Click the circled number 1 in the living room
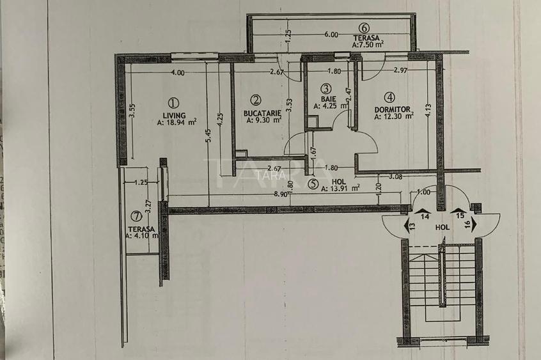point(173,102)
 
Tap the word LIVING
point(173,115)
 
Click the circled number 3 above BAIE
point(325,89)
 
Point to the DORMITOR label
point(392,109)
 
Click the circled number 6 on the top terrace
point(364,27)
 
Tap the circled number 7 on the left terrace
point(135,215)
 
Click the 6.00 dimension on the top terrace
point(331,35)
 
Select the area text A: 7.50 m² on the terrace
point(368,44)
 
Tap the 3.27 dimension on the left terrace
point(148,207)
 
